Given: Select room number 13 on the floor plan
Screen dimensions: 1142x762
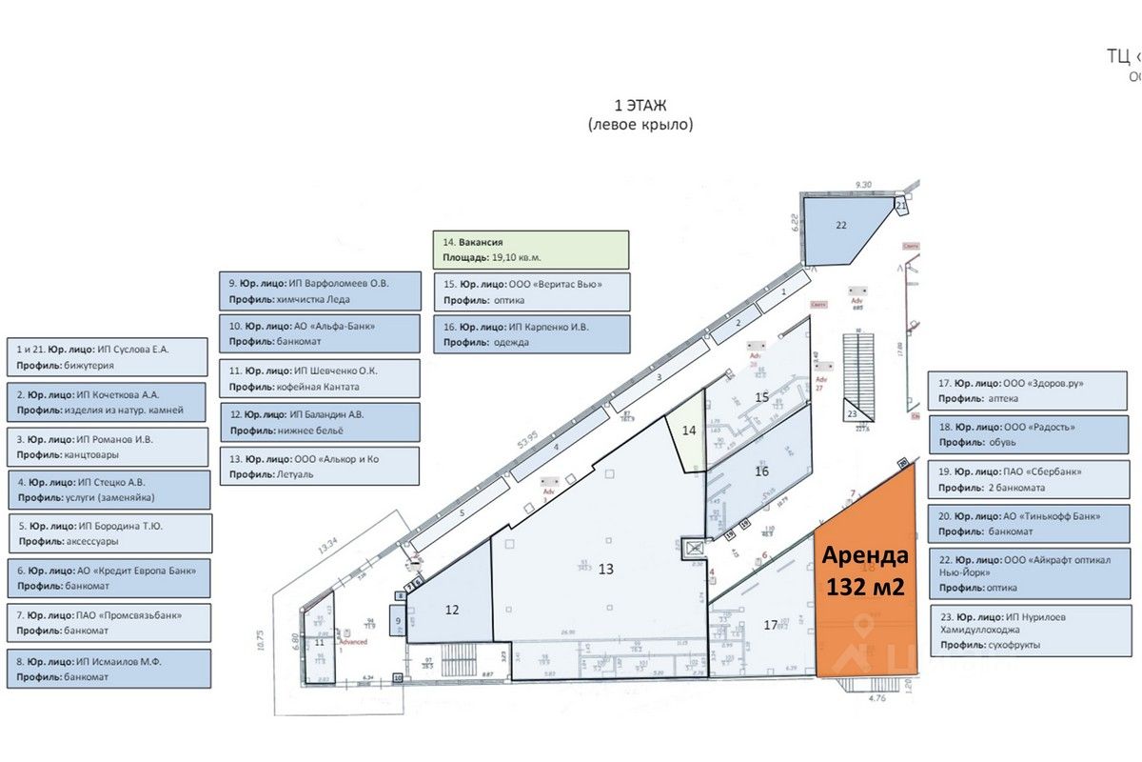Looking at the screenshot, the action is pos(606,570).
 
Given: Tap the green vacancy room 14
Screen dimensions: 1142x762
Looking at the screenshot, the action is pos(690,431).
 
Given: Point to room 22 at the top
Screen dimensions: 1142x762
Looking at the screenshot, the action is pos(838,227).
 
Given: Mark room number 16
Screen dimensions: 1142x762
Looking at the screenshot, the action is pos(761,471).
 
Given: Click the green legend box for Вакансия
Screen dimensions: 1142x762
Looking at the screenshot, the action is pos(531,250).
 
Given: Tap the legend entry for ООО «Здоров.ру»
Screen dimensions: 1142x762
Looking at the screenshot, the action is pos(1019,391).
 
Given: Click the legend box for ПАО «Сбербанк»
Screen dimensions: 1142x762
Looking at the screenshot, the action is pos(1019,479).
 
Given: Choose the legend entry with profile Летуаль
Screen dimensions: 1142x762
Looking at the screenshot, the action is pos(319,466).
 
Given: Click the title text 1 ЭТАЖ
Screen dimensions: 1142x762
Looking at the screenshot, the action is pos(640,106).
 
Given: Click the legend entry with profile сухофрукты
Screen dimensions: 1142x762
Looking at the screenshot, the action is pos(1019,631).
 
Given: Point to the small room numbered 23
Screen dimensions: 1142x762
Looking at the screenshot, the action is pos(853,413).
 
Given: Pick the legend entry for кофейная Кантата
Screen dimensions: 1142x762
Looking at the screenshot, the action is pos(319,378).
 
